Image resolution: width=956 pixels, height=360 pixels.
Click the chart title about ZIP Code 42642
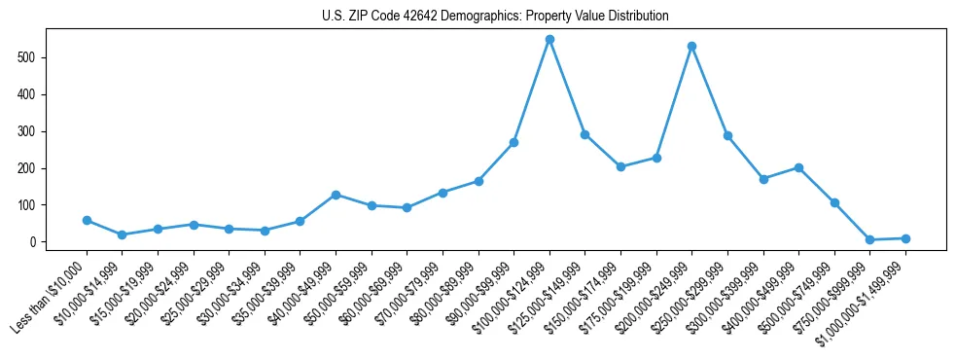[495, 16]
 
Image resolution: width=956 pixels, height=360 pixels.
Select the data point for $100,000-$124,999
[549, 40]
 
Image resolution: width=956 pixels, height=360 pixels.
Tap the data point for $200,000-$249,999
[691, 46]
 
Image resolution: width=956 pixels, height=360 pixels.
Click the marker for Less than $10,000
[87, 220]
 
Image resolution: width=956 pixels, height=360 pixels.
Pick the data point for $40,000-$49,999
[336, 195]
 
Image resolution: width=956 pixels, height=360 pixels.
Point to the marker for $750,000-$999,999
[869, 239]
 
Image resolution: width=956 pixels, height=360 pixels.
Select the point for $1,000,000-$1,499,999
[905, 238]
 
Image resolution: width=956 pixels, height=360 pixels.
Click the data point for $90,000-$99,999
[513, 142]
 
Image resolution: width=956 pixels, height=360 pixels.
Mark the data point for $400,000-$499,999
[798, 167]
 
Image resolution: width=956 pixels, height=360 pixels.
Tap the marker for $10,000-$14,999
[122, 234]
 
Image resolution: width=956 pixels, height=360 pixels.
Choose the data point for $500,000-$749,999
[834, 202]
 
